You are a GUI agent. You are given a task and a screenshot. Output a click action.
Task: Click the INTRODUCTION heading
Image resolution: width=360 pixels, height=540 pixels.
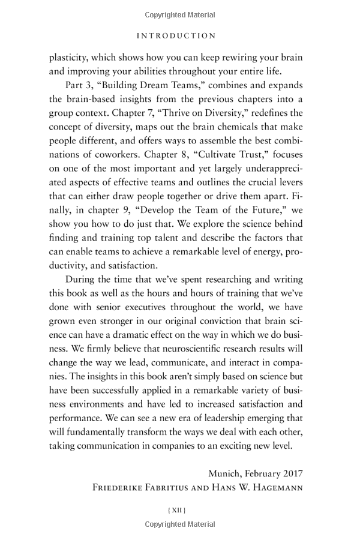click(176, 35)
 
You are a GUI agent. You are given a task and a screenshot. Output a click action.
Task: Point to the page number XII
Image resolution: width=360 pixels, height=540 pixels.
click(176, 510)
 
